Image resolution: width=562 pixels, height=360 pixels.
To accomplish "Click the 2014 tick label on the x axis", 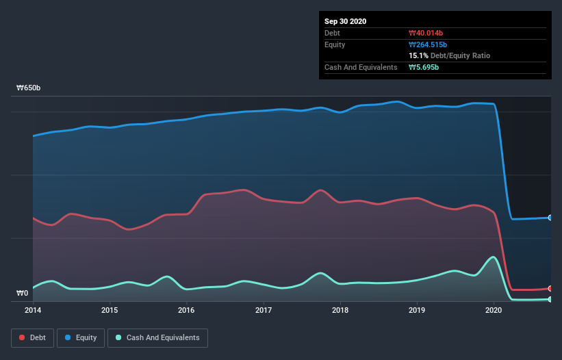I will [x=33, y=310].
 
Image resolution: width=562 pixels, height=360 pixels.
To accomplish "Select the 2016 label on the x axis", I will [x=186, y=310].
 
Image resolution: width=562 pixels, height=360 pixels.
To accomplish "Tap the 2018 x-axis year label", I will [x=340, y=310].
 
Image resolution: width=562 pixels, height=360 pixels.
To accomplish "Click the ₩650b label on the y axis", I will [x=29, y=88].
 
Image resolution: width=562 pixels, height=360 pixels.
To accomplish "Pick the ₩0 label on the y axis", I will [x=23, y=294].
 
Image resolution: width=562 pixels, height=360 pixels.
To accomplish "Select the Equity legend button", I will [x=81, y=337].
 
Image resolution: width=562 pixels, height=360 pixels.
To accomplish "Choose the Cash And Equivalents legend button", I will [x=157, y=337].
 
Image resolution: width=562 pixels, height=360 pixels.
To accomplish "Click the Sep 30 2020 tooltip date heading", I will [x=346, y=21].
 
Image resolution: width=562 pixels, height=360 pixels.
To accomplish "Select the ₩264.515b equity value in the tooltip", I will [x=428, y=44].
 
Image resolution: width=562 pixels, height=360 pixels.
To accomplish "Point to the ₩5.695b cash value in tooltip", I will [x=424, y=67].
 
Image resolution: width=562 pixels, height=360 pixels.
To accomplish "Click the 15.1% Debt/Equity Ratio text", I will [x=449, y=55].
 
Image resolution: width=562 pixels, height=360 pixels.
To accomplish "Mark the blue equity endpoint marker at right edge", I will [x=550, y=218].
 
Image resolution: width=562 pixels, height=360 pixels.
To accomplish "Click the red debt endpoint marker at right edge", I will [x=550, y=288].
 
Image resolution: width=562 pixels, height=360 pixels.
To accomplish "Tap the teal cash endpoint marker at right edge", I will [x=550, y=299].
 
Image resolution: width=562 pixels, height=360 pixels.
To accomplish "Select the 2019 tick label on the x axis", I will [x=418, y=310].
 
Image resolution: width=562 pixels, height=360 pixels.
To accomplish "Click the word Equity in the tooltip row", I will [x=335, y=44].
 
